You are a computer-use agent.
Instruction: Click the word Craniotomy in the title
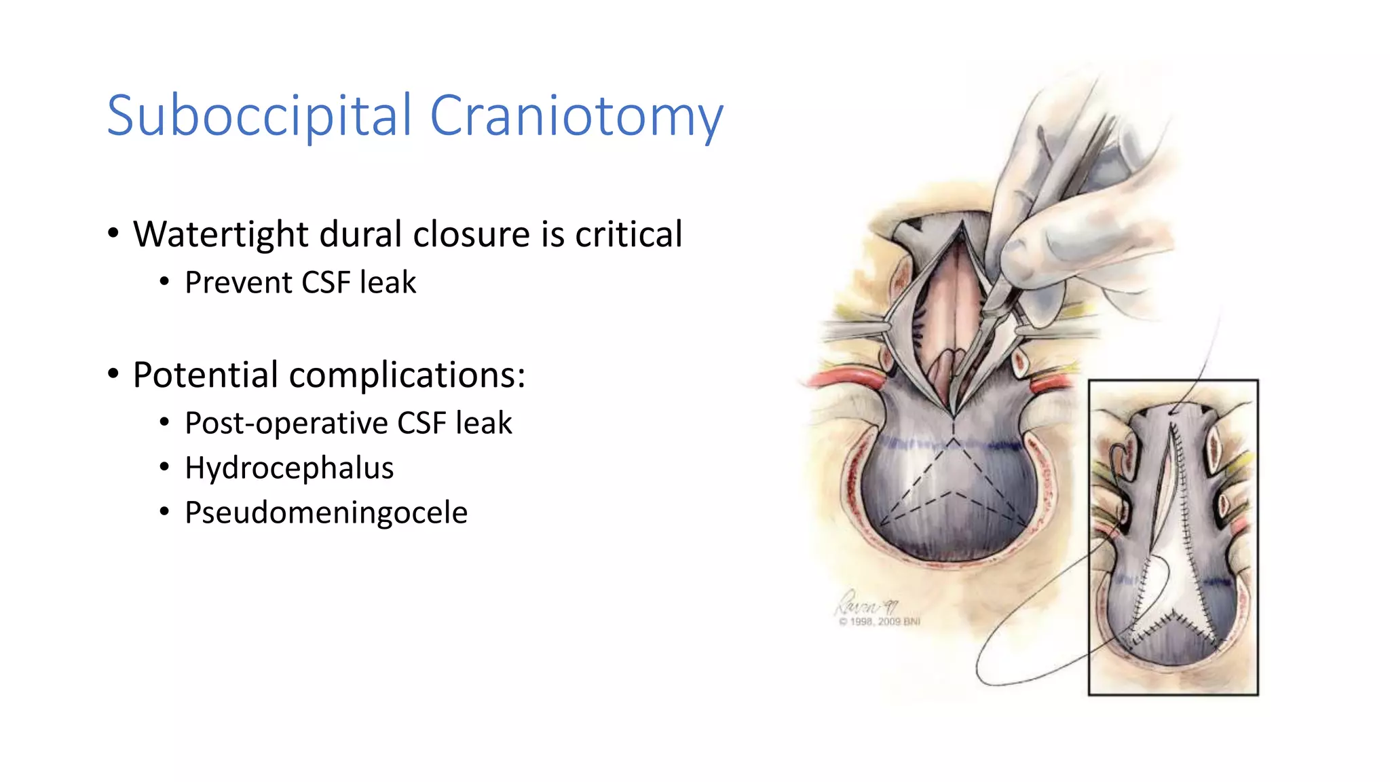pos(576,116)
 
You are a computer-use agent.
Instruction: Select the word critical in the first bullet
pos(628,235)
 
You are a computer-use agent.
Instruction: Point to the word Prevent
pos(238,282)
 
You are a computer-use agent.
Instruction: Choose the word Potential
pos(205,375)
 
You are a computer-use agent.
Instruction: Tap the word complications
pos(407,375)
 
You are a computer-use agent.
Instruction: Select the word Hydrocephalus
pos(289,468)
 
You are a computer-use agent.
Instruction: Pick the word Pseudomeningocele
pos(326,513)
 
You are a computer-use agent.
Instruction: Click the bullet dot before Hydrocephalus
pos(164,467)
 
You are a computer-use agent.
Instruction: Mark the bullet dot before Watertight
pos(113,234)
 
